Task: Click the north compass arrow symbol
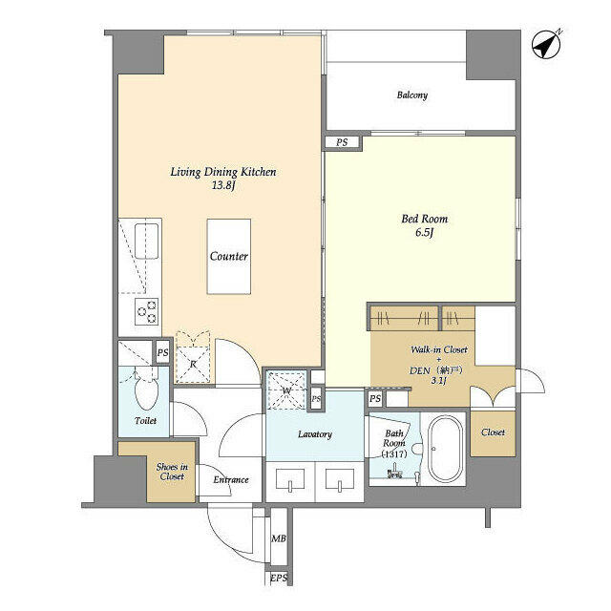coord(546,44)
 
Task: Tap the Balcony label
coord(412,95)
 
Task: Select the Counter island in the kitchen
coord(229,257)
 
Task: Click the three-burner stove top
coord(146,312)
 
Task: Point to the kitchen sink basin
coord(146,241)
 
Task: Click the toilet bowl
coord(146,392)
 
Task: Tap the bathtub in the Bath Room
coord(446,450)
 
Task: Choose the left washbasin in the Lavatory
coord(290,480)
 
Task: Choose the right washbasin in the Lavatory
coord(340,480)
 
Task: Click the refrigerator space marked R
coord(193,357)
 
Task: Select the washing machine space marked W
coord(286,390)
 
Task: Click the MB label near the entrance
coord(279,538)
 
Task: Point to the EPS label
coord(279,579)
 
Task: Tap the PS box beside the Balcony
coord(342,142)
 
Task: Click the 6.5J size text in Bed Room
coord(424,233)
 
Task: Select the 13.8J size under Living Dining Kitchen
coord(223,185)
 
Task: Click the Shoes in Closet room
coord(172,472)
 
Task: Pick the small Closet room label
coord(493,432)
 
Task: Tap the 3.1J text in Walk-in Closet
coord(438,381)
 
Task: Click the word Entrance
coord(231,479)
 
